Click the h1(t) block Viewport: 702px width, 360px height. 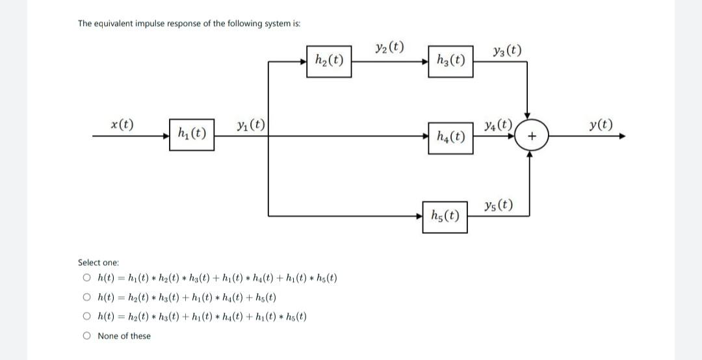[x=192, y=135]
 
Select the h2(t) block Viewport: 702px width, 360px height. [x=329, y=61]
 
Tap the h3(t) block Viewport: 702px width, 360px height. [x=450, y=61]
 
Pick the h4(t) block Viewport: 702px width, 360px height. [x=450, y=137]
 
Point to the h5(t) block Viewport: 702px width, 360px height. [x=445, y=216]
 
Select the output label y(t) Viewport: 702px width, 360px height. [x=599, y=124]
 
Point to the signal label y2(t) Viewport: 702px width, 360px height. [x=389, y=47]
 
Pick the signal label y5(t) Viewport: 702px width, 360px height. [x=498, y=207]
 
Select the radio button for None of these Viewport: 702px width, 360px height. [x=86, y=336]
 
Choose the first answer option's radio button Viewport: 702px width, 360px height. [x=86, y=279]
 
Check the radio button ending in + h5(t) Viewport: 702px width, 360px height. [x=86, y=298]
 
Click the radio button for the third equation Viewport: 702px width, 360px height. [x=86, y=317]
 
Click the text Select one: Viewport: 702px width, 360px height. [x=98, y=263]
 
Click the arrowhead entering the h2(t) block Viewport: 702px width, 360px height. [x=302, y=62]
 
